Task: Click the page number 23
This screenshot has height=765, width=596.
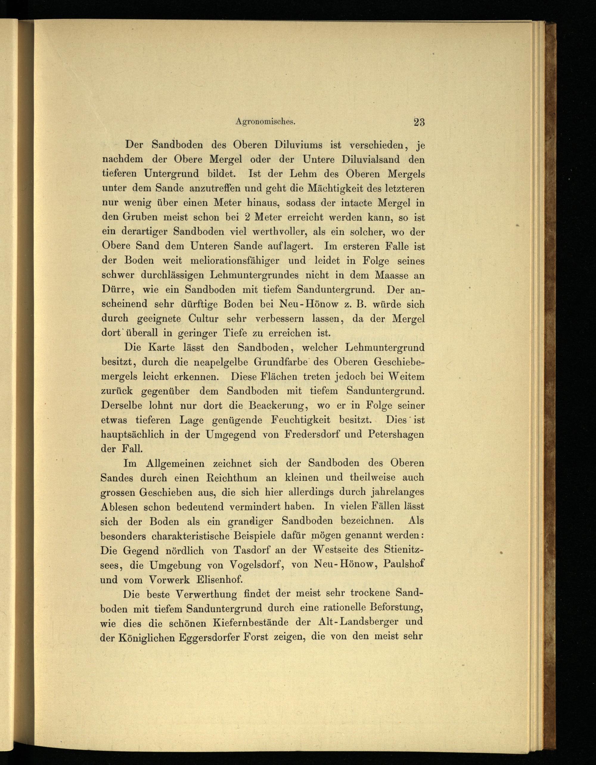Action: coord(419,122)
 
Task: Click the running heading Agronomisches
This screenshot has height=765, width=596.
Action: coord(266,122)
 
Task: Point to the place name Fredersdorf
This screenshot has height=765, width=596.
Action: coord(312,434)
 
